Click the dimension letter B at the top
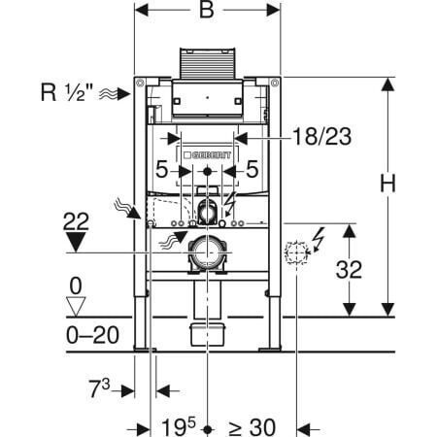click(x=207, y=10)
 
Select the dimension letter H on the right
click(x=387, y=184)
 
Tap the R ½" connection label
click(x=66, y=92)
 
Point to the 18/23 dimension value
click(x=321, y=137)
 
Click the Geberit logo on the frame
click(x=207, y=155)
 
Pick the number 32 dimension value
click(x=349, y=270)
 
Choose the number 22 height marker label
click(x=76, y=221)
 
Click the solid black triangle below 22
click(x=76, y=242)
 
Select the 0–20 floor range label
click(x=93, y=335)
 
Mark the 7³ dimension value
click(x=100, y=388)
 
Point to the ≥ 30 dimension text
click(x=252, y=427)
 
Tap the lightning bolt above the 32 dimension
click(x=318, y=240)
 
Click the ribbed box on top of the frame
click(x=208, y=63)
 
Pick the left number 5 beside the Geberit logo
click(x=161, y=169)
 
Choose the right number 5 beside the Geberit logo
click(x=252, y=169)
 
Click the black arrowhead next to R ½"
click(x=123, y=94)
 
